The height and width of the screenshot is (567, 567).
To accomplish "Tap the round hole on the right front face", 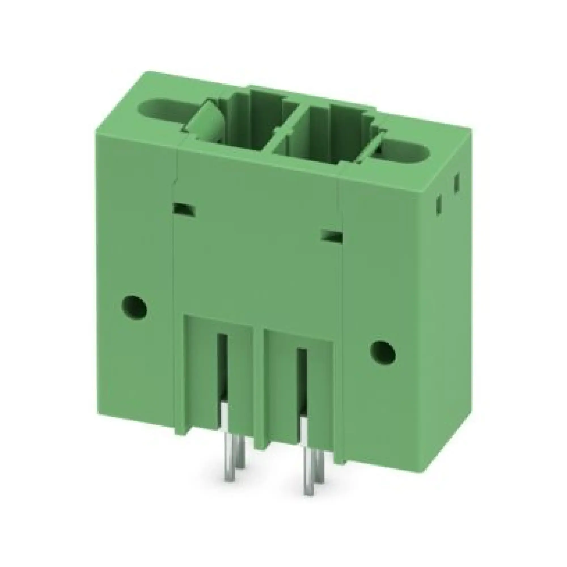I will [x=382, y=352].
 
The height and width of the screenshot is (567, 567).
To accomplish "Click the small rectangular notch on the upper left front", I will [x=184, y=210].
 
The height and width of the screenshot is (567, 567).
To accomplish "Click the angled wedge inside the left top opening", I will [x=206, y=120].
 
